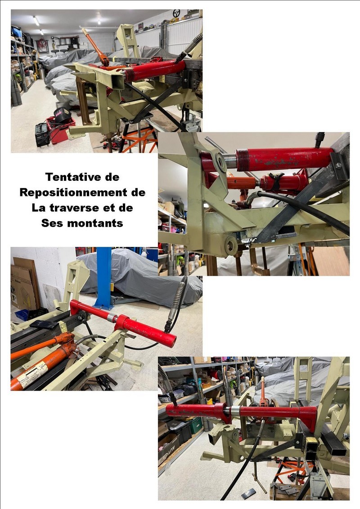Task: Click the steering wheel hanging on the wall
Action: coord(176,13)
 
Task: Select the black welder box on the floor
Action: coord(42,134)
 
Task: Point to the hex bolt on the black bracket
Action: coord(338,165)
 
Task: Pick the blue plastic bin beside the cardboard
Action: coord(22,314)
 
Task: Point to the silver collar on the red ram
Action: coord(235,411)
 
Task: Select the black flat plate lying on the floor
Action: coord(249,493)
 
